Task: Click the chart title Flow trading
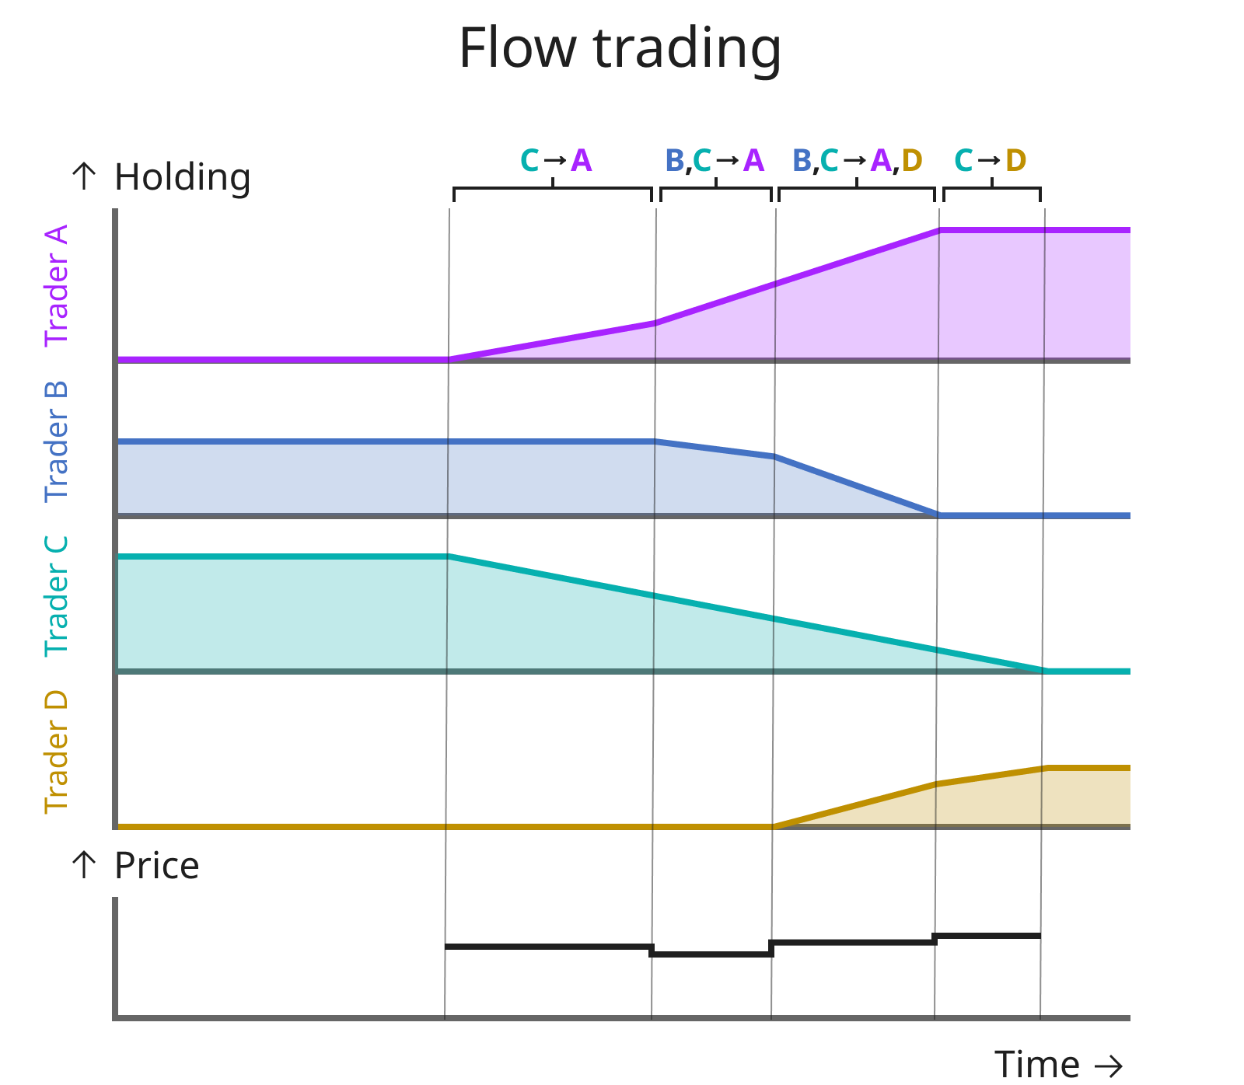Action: [620, 48]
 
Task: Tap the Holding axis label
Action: [182, 177]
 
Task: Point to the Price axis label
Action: [156, 865]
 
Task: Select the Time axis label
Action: [1036, 1063]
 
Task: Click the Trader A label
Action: [57, 285]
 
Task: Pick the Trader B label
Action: [57, 441]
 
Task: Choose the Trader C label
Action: [57, 596]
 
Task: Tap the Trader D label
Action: [57, 752]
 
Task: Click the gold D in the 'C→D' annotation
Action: [1015, 161]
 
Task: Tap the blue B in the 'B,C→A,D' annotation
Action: [802, 161]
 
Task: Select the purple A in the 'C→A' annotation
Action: [582, 161]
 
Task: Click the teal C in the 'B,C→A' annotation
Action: [702, 161]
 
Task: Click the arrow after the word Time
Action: [1108, 1065]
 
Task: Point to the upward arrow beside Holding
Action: [84, 176]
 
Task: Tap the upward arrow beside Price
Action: [84, 864]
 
